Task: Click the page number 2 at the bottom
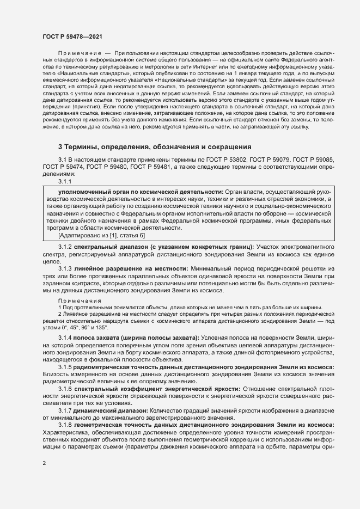[x=44, y=464]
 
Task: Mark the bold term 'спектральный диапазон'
[x=107, y=248]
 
